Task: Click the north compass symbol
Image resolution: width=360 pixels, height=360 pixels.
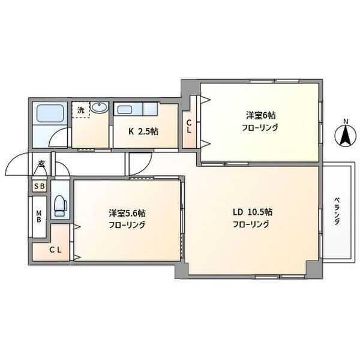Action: click(346, 137)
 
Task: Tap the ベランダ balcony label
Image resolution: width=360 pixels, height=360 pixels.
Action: click(337, 211)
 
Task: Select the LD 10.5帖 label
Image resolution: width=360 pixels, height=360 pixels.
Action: click(253, 212)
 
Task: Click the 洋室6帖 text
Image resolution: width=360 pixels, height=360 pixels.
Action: click(261, 115)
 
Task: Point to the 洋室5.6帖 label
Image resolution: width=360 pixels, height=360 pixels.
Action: click(127, 214)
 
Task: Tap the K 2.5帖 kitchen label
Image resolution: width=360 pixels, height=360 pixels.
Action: click(143, 131)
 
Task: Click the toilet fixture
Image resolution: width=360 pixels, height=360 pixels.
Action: click(60, 205)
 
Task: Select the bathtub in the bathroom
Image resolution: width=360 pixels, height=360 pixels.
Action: click(50, 113)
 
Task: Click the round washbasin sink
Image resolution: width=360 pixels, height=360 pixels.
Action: click(99, 107)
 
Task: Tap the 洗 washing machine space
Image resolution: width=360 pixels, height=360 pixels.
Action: click(80, 110)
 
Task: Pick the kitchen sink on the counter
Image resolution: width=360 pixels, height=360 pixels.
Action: click(124, 110)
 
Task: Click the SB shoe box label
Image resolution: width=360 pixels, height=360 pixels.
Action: click(39, 186)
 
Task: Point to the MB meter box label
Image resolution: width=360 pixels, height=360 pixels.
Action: click(39, 217)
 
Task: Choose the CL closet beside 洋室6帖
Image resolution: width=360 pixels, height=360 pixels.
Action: click(189, 127)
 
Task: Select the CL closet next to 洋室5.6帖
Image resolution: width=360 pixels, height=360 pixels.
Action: click(56, 250)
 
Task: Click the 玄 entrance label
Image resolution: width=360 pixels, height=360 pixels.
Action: click(41, 164)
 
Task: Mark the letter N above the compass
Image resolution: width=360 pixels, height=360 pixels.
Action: click(346, 122)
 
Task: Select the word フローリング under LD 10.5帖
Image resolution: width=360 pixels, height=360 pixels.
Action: click(251, 224)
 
